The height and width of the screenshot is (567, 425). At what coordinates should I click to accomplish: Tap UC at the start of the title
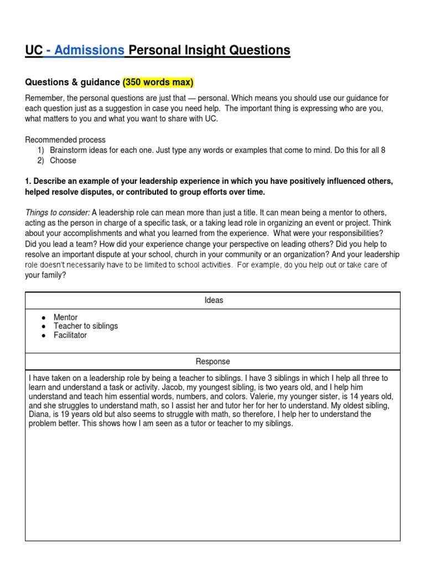[x=33, y=51]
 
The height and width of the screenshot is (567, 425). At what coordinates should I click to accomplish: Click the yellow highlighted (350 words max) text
[x=158, y=83]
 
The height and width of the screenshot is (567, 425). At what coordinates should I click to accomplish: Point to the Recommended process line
[x=65, y=140]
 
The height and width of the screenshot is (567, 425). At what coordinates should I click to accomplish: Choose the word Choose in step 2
[x=63, y=161]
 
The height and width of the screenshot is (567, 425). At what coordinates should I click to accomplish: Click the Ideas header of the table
[x=213, y=300]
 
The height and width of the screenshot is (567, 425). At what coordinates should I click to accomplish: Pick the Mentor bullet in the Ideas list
[x=66, y=317]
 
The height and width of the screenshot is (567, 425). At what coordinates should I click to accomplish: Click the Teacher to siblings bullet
[x=85, y=326]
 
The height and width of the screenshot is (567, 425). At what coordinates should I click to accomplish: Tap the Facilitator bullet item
[x=70, y=335]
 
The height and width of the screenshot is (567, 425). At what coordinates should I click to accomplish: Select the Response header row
[x=213, y=362]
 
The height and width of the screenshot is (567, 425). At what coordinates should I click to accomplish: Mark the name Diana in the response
[x=40, y=414]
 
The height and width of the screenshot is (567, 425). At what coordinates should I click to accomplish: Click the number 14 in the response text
[x=355, y=396]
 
